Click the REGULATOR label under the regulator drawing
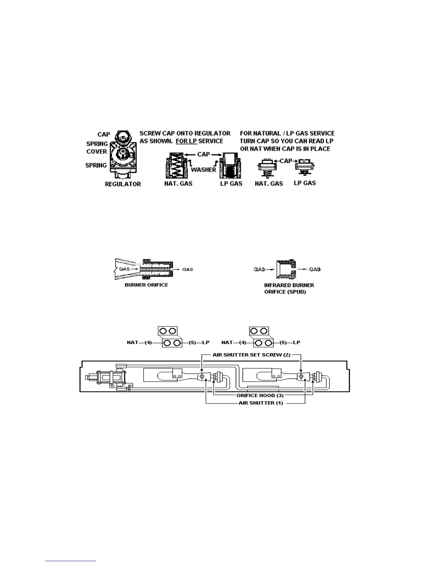pyautogui.click(x=123, y=184)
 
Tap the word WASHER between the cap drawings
pyautogui.click(x=203, y=170)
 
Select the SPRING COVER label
pyautogui.click(x=97, y=148)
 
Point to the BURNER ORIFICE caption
pyautogui.click(x=146, y=285)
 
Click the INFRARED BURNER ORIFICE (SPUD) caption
pyautogui.click(x=289, y=288)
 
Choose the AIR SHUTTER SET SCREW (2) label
pyautogui.click(x=251, y=355)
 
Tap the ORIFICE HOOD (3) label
pyautogui.click(x=260, y=396)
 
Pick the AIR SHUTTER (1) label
pyautogui.click(x=261, y=403)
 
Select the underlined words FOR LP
pyautogui.click(x=186, y=141)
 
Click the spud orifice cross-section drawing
pyautogui.click(x=285, y=270)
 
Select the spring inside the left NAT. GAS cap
pyautogui.click(x=177, y=167)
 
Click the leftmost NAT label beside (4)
pyautogui.click(x=133, y=343)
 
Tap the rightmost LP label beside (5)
pyautogui.click(x=296, y=343)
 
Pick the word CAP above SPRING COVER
pyautogui.click(x=104, y=134)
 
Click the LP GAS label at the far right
pyautogui.click(x=305, y=183)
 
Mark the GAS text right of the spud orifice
pyautogui.click(x=315, y=270)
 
